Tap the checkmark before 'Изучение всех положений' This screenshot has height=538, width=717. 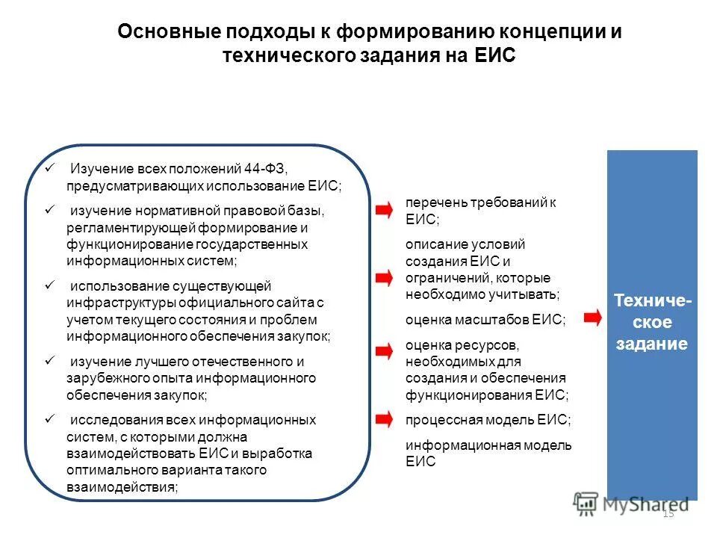click(x=49, y=168)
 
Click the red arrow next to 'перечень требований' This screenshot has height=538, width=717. click(x=383, y=211)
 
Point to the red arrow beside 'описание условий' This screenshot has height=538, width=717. click(x=383, y=277)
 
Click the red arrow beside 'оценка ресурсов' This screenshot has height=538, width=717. click(x=383, y=351)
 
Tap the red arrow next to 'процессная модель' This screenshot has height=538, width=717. click(x=383, y=419)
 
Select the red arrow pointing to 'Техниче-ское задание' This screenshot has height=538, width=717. click(x=592, y=319)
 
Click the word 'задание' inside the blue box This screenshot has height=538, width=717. click(x=651, y=344)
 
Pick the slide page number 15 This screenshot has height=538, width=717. click(x=668, y=513)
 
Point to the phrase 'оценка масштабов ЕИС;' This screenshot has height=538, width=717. click(x=485, y=320)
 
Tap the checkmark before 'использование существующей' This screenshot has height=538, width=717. click(x=49, y=285)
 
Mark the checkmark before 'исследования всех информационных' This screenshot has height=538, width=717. click(x=49, y=420)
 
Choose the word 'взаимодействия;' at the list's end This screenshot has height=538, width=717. click(x=122, y=487)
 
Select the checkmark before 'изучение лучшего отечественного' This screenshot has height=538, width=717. click(x=49, y=361)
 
